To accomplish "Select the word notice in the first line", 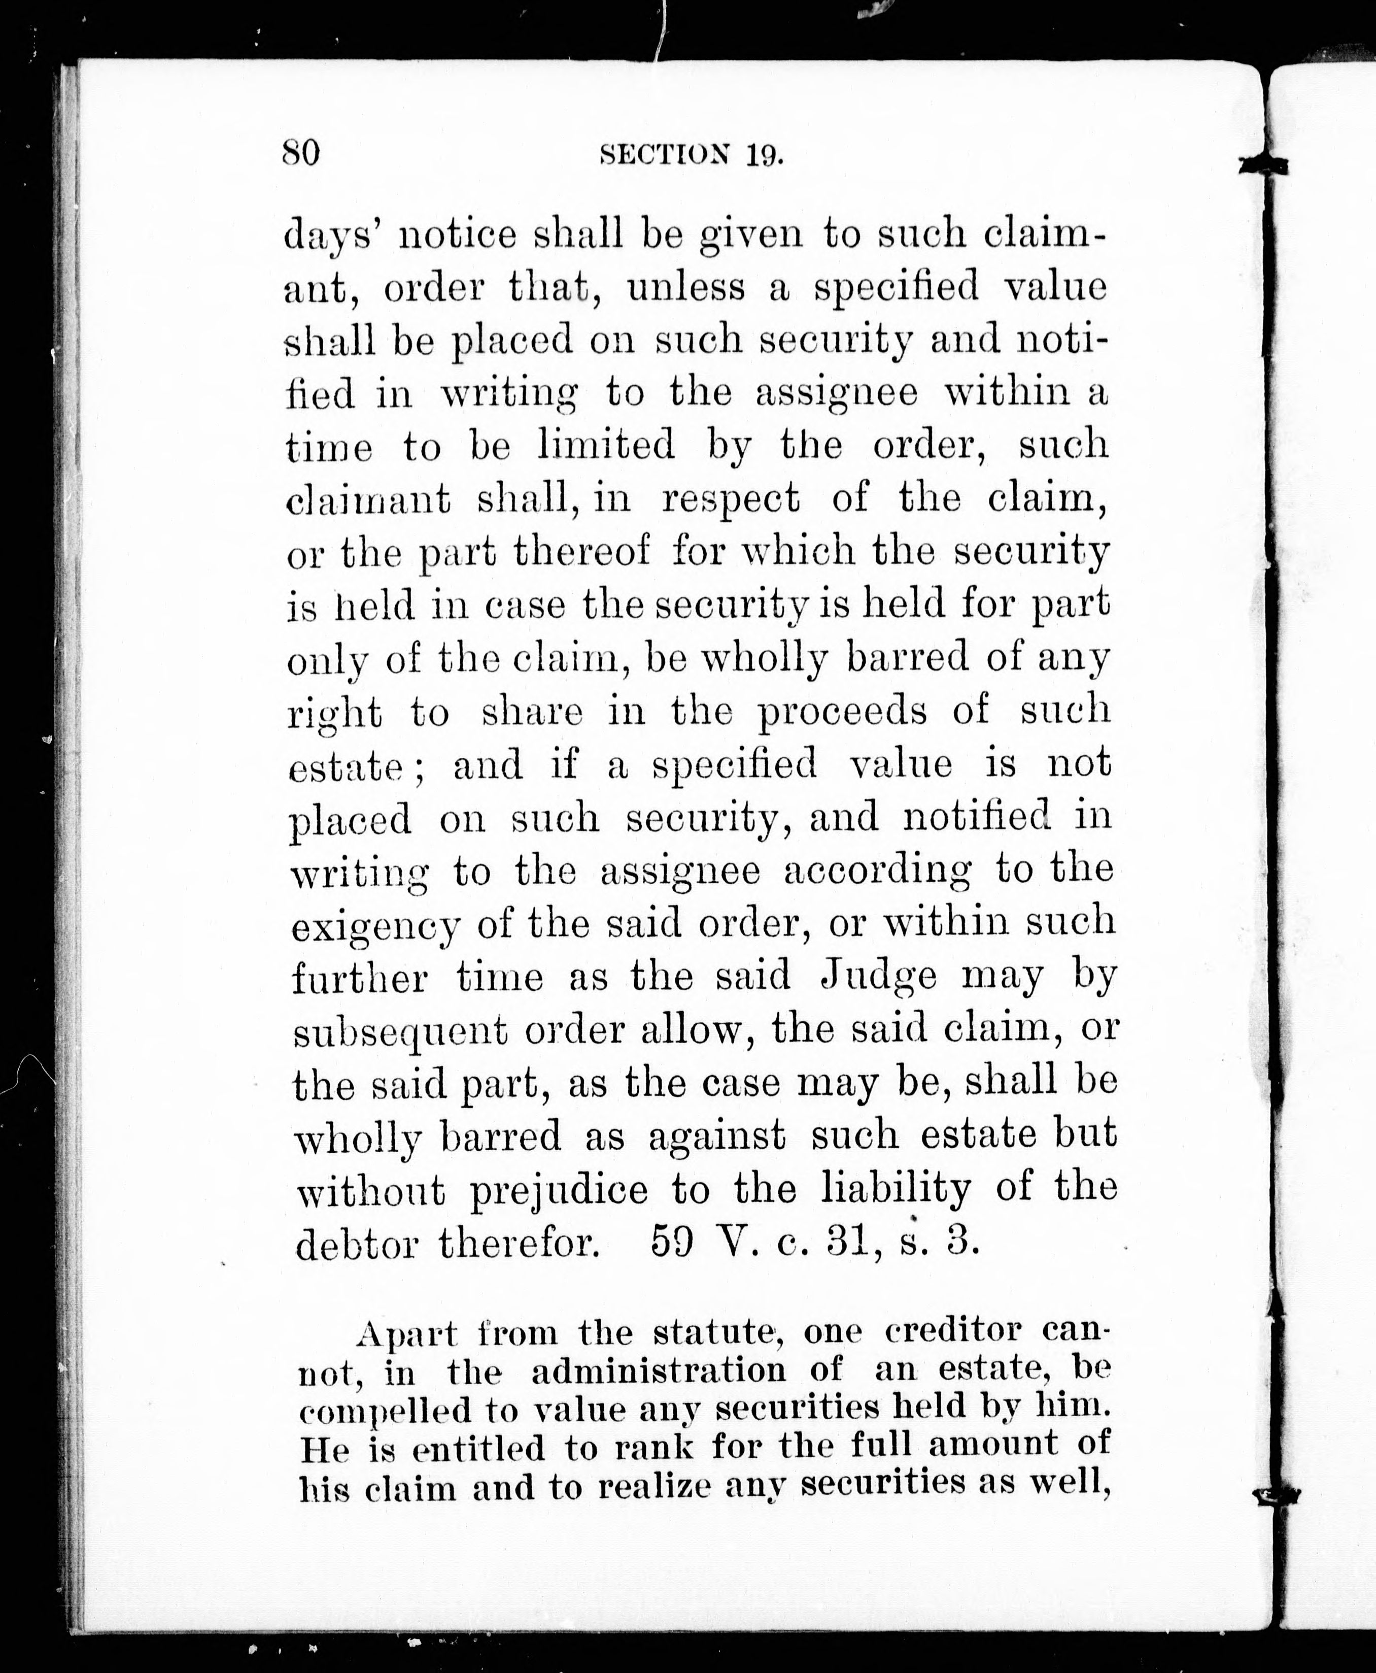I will click(x=454, y=236).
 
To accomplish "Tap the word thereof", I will click(x=581, y=552).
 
